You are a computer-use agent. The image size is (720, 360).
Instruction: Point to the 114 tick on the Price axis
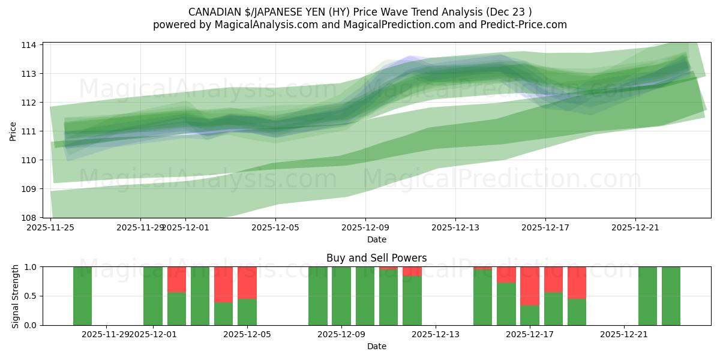click(x=30, y=45)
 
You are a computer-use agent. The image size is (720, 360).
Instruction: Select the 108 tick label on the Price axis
click(x=30, y=217)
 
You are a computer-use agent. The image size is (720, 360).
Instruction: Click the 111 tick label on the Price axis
click(x=30, y=131)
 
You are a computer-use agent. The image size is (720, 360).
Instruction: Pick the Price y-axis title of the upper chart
click(x=13, y=131)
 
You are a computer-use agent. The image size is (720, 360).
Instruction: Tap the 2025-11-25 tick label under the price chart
click(x=50, y=227)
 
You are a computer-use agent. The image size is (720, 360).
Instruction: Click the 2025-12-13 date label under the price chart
click(x=455, y=227)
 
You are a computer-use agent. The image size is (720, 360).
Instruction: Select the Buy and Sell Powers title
click(x=376, y=258)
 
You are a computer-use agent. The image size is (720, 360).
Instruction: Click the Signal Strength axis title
click(x=16, y=296)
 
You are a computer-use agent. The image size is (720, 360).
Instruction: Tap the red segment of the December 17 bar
click(x=530, y=286)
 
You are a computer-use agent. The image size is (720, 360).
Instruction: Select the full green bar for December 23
click(x=671, y=296)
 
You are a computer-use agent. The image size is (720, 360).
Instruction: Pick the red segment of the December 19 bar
click(x=577, y=282)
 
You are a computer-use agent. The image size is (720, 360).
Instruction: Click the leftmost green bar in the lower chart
click(x=82, y=296)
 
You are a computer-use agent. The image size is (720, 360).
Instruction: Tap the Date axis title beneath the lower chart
click(x=376, y=346)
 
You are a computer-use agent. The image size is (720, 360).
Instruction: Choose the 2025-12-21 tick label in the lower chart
click(x=624, y=335)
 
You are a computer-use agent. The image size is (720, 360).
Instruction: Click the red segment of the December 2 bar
click(x=176, y=279)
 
